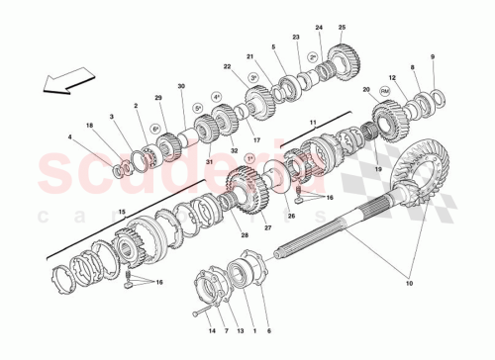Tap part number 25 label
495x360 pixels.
click(x=341, y=28)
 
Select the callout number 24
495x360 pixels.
click(x=319, y=28)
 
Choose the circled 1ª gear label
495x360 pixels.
click(x=250, y=159)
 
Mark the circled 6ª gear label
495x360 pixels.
click(x=154, y=130)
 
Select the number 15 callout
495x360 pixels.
click(x=122, y=212)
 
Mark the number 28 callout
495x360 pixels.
click(x=245, y=234)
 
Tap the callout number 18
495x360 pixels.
click(x=90, y=128)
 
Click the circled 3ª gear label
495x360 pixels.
click(x=252, y=77)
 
